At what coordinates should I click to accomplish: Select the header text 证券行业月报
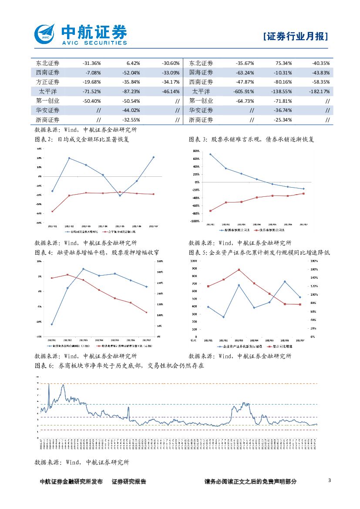296,37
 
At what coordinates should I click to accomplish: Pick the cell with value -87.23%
130,91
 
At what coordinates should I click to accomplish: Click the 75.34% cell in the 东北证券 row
283,63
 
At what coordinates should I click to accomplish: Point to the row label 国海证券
201,72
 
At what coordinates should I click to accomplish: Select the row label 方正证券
48,82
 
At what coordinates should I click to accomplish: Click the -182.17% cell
319,91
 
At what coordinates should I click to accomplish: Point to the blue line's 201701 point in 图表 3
210,154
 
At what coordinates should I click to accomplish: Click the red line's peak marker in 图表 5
239,270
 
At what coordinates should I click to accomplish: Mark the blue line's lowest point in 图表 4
52,324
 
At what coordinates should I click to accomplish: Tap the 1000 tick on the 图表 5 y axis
194,261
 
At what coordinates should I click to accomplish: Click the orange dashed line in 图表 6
174,384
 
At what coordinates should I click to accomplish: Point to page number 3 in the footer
330,480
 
